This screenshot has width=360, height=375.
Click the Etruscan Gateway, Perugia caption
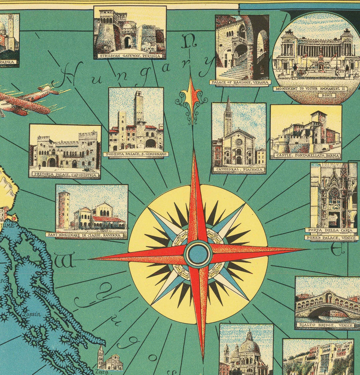click(130, 56)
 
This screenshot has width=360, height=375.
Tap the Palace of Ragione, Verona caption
click(240, 82)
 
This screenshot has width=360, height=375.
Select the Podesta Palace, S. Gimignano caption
click(136, 154)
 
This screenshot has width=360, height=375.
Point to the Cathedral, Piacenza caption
click(239, 170)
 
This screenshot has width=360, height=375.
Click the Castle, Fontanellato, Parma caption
click(306, 156)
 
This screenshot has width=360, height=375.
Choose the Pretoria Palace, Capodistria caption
click(64, 174)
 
